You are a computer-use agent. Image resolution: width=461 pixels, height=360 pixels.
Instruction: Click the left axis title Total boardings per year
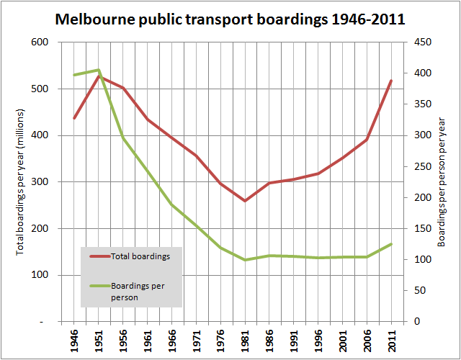pyautogui.click(x=21, y=181)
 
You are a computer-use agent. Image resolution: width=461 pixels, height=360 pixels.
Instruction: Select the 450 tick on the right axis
pyautogui.click(x=421, y=42)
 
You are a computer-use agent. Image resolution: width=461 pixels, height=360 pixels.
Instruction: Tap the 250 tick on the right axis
pyautogui.click(x=421, y=166)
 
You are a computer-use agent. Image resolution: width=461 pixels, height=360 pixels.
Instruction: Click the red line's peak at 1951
pyautogui.click(x=98, y=76)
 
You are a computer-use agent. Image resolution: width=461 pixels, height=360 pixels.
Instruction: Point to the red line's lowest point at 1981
pyautogui.click(x=245, y=201)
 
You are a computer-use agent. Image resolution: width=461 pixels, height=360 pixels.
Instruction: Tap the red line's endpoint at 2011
pyautogui.click(x=391, y=81)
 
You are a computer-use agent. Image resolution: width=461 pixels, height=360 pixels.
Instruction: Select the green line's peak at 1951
pyautogui.click(x=98, y=70)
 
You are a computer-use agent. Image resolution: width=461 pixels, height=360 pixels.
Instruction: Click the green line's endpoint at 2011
pyautogui.click(x=391, y=244)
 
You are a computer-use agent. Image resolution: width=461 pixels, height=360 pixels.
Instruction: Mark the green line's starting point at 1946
pyautogui.click(x=74, y=75)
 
